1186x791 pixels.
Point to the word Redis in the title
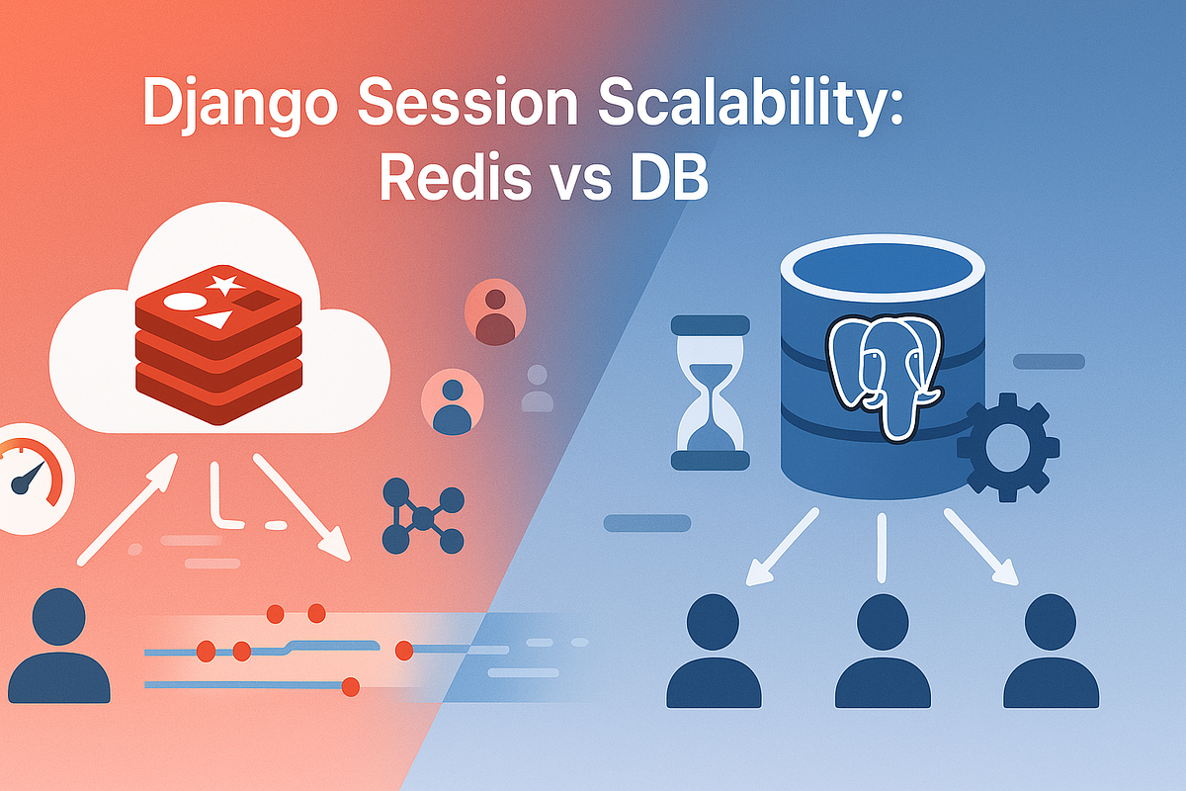tap(448, 181)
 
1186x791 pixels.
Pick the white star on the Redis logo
tap(224, 286)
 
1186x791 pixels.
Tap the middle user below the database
tap(882, 653)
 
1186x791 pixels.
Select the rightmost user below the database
tap(1050, 653)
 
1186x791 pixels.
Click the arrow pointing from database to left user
tap(781, 547)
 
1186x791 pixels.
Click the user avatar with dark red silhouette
tap(494, 312)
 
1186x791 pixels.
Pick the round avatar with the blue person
tap(451, 402)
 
